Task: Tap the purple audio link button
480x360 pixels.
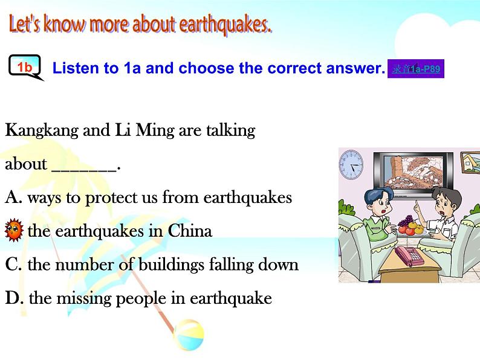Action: [416, 69]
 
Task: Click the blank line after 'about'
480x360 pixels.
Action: [85, 165]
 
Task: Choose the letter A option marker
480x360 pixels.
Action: [13, 198]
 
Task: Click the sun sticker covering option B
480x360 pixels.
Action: [13, 231]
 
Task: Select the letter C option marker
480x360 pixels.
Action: [13, 265]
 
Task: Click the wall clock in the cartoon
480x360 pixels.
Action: [351, 164]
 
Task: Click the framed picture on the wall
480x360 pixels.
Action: [470, 162]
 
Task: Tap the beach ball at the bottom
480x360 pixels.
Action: [188, 335]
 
